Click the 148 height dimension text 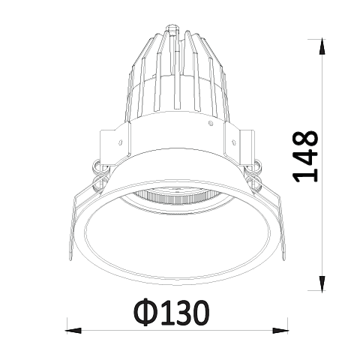306,156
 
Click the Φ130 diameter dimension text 172,313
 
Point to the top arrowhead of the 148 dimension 322,46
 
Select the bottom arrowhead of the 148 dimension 322,283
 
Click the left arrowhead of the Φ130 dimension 74,331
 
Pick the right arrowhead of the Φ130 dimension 280,331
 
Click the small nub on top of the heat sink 173,29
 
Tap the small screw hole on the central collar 211,123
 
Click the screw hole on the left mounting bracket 121,142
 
